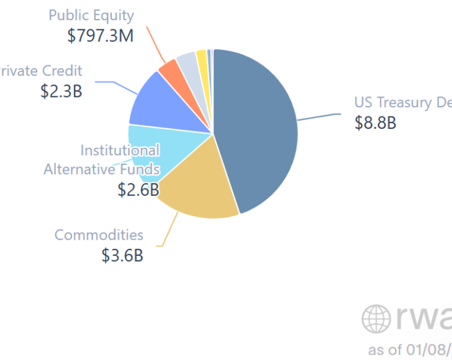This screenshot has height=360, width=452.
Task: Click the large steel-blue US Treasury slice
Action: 259,131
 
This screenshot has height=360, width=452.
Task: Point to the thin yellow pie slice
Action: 202,57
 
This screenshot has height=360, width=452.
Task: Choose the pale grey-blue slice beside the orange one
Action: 187,61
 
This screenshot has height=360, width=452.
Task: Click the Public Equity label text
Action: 91,15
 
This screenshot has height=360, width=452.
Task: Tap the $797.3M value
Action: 100,35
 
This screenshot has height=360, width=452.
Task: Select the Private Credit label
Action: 41,71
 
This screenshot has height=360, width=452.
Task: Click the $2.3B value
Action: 61,91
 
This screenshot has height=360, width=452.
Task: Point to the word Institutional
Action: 120,151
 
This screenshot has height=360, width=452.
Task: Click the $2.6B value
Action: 138,190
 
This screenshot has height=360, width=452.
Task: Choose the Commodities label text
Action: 99,235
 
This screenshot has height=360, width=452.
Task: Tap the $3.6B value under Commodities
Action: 122,255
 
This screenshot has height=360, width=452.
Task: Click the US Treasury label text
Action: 400,103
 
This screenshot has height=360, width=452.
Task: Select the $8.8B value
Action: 375,123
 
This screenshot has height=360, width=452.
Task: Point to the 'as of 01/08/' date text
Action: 409,348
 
